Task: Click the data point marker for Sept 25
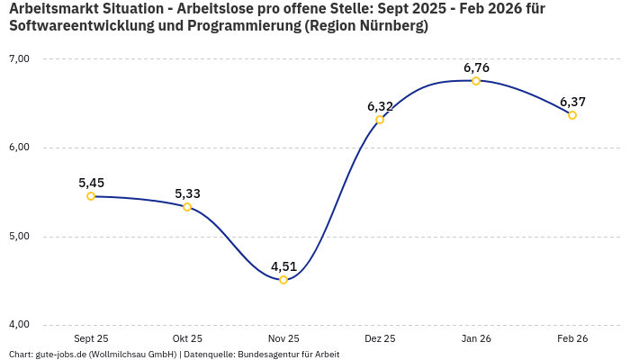tap(91, 196)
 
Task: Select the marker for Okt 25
tap(187, 207)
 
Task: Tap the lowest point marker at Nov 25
tap(283, 280)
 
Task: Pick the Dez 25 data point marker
tap(380, 120)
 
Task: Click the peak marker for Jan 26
tap(476, 81)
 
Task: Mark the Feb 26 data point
tap(572, 115)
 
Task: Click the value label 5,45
tap(91, 183)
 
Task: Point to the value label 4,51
tap(283, 266)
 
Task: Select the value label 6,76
tap(476, 67)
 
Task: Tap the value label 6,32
tap(380, 106)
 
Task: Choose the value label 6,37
tap(572, 102)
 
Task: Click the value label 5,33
tap(187, 193)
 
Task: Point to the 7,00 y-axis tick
tap(19, 59)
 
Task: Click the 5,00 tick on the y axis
tap(19, 237)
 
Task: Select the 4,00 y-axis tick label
tap(19, 325)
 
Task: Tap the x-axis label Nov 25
tap(283, 339)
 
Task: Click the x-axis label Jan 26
tap(476, 339)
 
